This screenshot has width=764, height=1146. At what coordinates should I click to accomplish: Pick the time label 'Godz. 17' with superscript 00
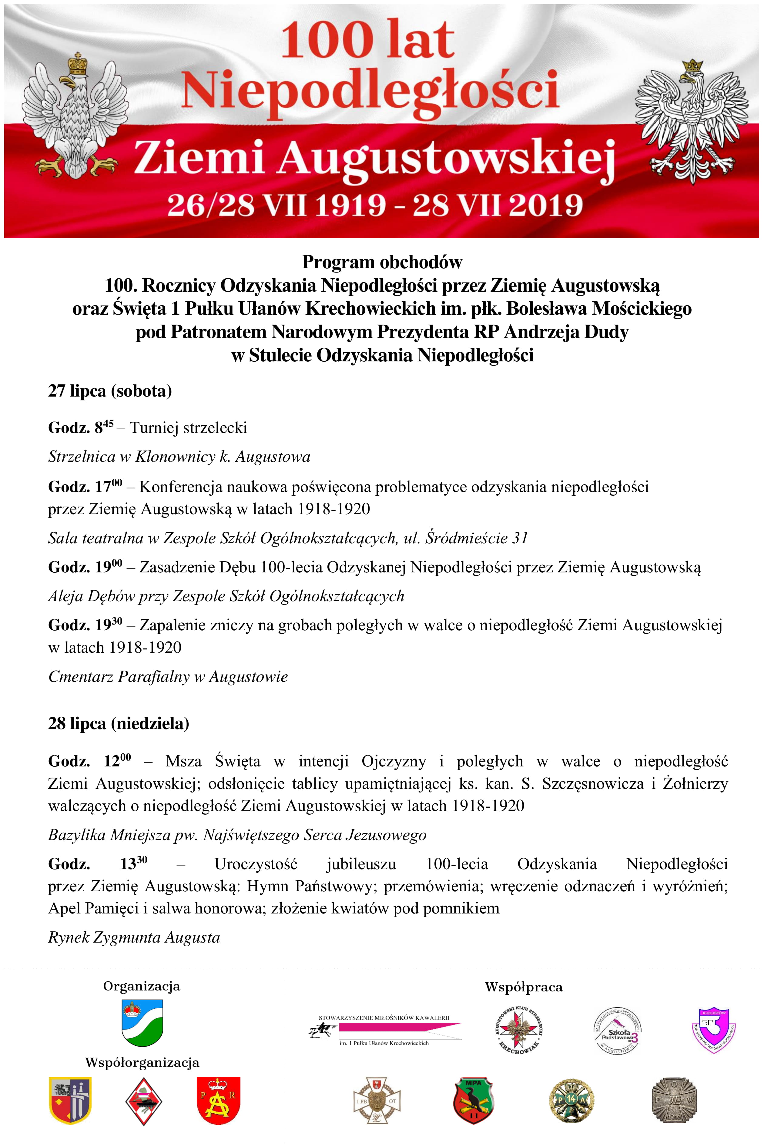coord(85,486)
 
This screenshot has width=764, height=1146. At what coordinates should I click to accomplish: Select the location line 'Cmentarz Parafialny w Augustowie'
coord(168,676)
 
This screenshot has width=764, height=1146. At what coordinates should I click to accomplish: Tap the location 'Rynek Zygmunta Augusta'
coord(134,937)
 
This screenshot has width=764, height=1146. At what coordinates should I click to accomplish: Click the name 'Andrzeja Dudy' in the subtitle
coord(566,332)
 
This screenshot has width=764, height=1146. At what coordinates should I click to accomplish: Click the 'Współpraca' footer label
coord(524,987)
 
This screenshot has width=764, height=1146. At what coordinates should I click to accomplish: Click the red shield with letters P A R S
coord(218,1100)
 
